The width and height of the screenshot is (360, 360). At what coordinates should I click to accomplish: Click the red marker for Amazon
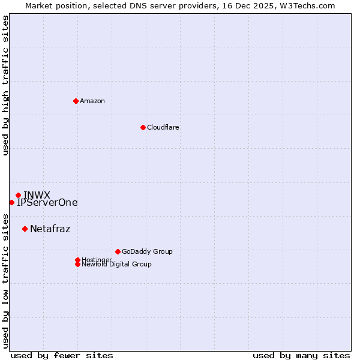tap(76, 101)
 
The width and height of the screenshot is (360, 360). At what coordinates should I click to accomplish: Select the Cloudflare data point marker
tap(143, 127)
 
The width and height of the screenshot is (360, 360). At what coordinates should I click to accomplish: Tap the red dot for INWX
tap(19, 195)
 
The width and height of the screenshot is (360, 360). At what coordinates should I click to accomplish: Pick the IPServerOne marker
tap(11, 202)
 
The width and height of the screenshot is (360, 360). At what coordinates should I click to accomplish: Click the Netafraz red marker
tap(25, 229)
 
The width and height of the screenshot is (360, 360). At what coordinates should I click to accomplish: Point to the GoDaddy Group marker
tap(118, 251)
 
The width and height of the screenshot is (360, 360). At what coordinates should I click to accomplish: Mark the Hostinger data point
tap(77, 260)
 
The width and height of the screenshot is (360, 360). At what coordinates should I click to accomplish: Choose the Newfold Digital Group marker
tap(77, 264)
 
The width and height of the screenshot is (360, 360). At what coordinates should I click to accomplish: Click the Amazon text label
tap(92, 101)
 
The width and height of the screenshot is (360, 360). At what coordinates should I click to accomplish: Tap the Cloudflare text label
tap(163, 127)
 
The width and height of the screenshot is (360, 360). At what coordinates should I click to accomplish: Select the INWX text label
tap(37, 195)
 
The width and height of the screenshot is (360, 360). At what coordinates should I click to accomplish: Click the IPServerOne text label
tap(47, 203)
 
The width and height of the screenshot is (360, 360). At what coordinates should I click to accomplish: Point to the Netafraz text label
tap(50, 229)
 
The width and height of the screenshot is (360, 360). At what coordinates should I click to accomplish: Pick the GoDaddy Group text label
tap(147, 251)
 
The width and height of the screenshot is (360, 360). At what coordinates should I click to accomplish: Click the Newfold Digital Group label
tap(116, 265)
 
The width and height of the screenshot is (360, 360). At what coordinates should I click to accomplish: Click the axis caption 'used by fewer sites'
tap(62, 355)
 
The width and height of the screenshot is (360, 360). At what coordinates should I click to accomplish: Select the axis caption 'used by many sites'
tap(301, 355)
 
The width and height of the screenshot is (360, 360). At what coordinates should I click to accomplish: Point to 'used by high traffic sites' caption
tap(5, 85)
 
